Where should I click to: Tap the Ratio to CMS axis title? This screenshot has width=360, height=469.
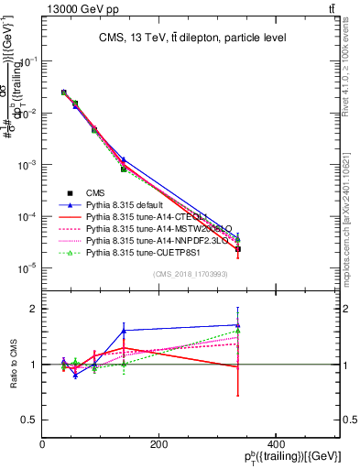14,365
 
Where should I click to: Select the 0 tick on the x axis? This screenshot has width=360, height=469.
43,442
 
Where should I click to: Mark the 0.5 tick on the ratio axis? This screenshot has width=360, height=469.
32,420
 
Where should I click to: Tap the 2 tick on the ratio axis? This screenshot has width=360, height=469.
36,309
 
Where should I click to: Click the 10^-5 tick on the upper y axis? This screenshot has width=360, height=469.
29,267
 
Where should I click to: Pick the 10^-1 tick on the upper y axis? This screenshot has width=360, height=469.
29,61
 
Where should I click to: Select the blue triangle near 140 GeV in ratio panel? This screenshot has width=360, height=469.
124,331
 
